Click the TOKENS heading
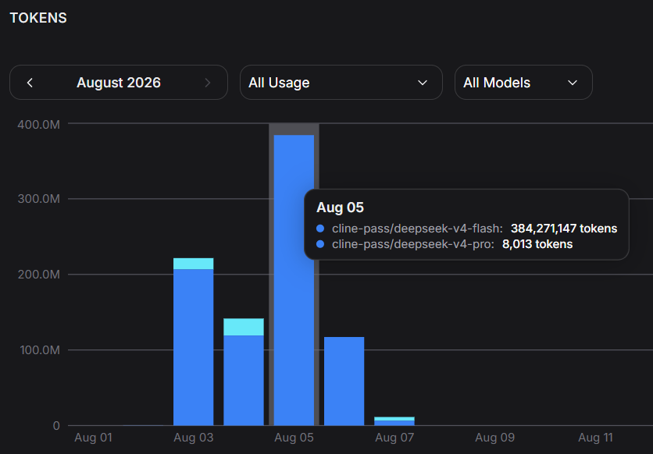click(x=38, y=18)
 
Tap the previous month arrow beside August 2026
click(x=30, y=83)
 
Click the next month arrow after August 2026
click(x=208, y=83)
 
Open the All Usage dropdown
click(x=341, y=83)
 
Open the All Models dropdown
click(x=523, y=83)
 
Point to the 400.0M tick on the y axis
click(x=39, y=124)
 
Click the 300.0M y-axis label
click(x=39, y=199)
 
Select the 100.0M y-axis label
click(x=40, y=350)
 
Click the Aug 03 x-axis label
click(x=193, y=438)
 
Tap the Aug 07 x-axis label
click(x=394, y=438)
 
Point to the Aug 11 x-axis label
click(x=595, y=438)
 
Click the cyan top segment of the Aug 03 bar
click(x=193, y=264)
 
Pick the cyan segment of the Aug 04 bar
click(x=244, y=327)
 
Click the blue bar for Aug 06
click(x=344, y=381)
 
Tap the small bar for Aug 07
click(x=394, y=421)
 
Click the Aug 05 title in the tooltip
click(x=340, y=207)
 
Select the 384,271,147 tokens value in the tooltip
click(x=564, y=229)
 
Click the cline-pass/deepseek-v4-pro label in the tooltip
click(x=412, y=244)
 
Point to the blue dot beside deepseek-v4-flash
click(x=320, y=229)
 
